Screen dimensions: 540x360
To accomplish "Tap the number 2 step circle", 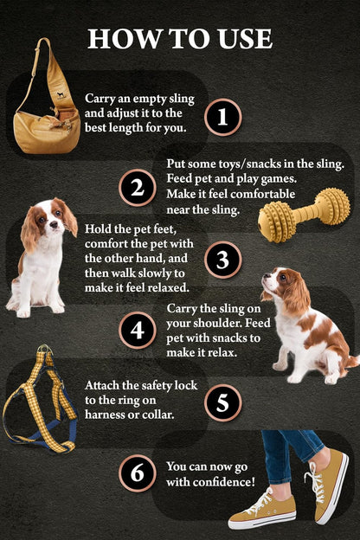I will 136,188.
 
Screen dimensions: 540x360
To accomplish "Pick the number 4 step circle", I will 136,330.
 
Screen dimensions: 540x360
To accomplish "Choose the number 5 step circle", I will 222,402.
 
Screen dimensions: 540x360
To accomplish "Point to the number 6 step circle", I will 136,473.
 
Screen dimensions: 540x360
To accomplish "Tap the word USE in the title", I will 245,39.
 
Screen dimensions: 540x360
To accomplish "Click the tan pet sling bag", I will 48,121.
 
